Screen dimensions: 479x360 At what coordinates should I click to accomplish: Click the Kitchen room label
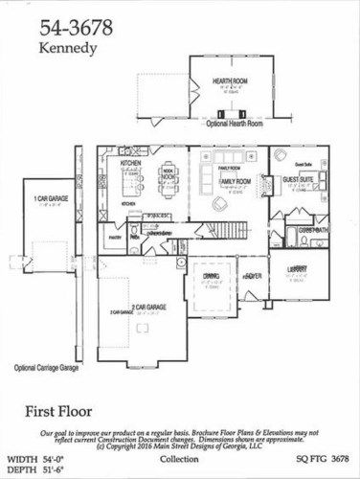tap(132, 164)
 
